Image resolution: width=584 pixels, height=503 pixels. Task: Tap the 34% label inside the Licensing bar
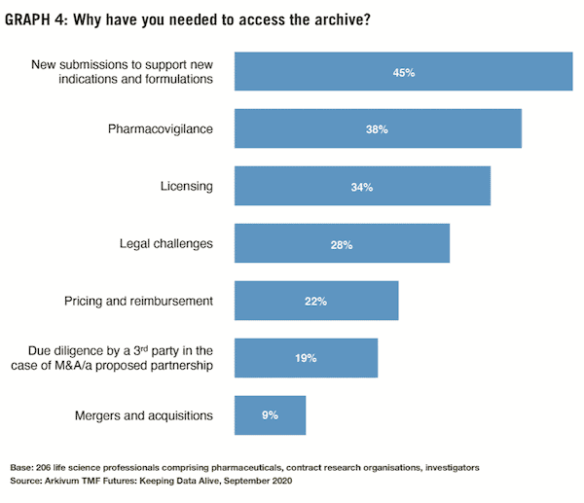[x=362, y=186]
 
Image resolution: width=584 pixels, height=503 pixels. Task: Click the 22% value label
[x=315, y=301]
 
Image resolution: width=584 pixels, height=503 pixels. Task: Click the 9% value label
[x=271, y=414]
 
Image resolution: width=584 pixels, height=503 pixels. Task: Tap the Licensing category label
[x=186, y=186]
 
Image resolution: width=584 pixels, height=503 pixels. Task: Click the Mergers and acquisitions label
[x=143, y=415]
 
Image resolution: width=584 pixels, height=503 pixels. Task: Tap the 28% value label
[x=341, y=243]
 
